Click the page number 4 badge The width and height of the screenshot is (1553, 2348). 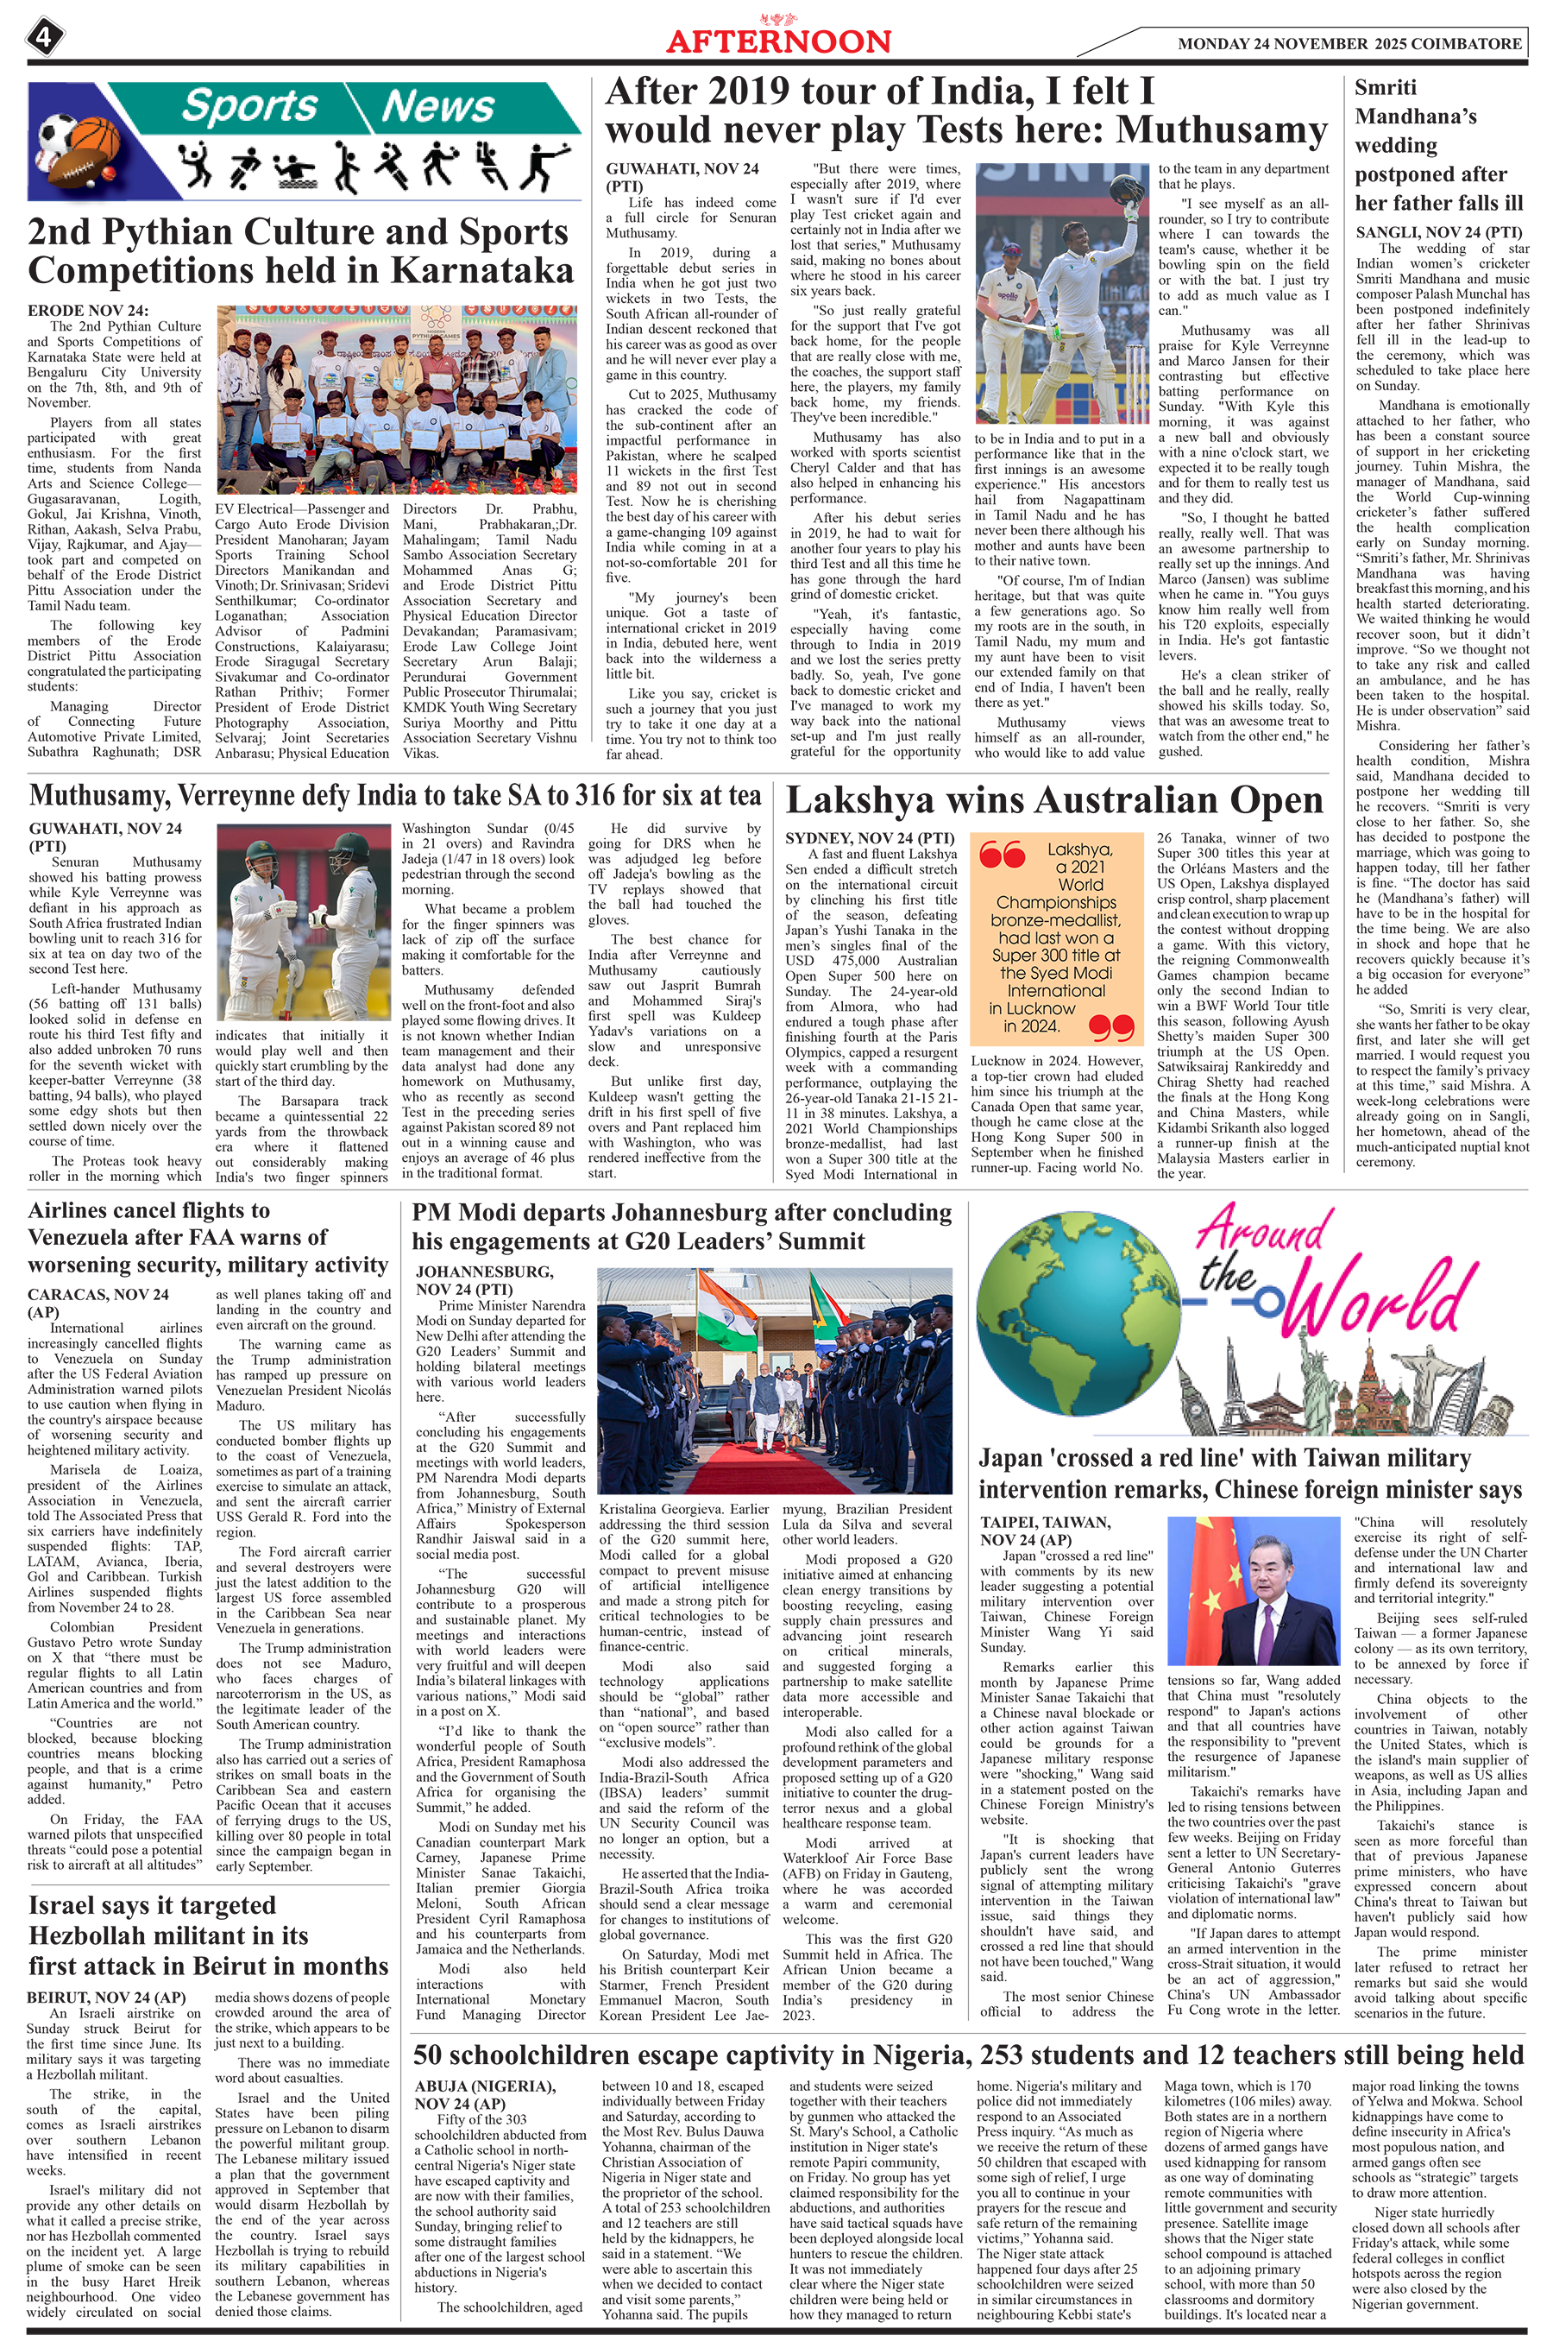(x=44, y=39)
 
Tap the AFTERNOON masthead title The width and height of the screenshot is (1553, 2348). (x=777, y=41)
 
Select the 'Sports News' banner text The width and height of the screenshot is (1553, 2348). (x=336, y=106)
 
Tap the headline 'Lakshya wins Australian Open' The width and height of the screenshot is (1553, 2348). (x=1053, y=800)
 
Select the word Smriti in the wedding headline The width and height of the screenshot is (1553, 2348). (x=1386, y=88)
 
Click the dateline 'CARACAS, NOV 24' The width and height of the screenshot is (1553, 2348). (x=98, y=1294)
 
